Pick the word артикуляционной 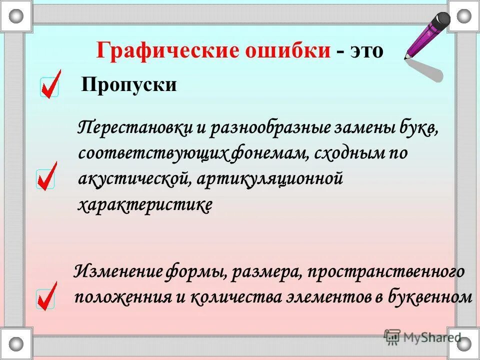coord(269,179)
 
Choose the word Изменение coord(119,273)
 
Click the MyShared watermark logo coord(422,337)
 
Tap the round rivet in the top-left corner coord(16,15)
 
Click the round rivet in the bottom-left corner coord(16,344)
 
